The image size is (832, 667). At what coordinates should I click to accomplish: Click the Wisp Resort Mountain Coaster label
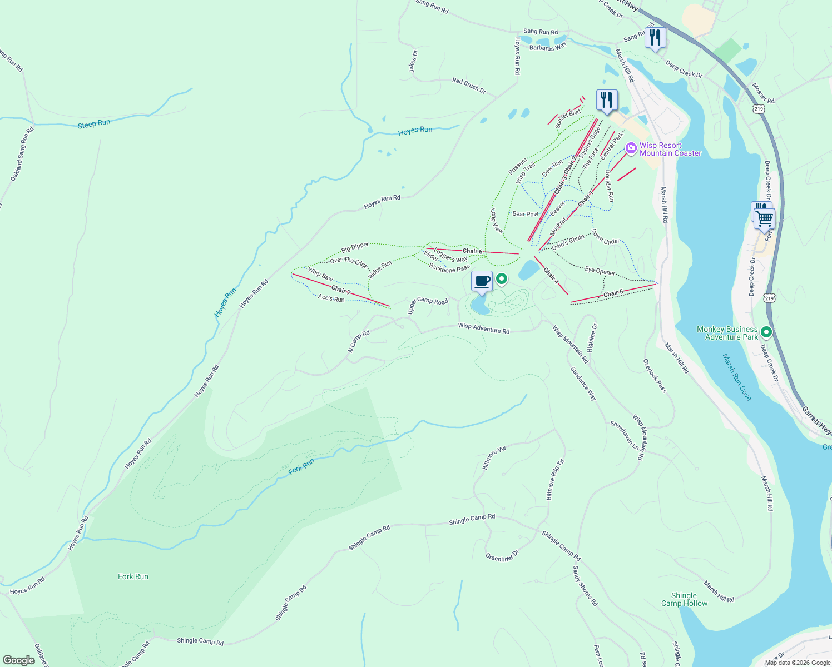670,149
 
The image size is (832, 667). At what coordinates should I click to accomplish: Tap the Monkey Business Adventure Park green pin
766,332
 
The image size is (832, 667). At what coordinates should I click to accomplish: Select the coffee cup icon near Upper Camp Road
482,281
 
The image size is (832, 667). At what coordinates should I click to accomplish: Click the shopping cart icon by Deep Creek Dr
765,218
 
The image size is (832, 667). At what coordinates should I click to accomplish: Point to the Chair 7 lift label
341,290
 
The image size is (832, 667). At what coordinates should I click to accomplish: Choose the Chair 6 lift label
472,251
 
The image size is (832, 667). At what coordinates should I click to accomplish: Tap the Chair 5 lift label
613,293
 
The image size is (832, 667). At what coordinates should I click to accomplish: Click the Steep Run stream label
94,124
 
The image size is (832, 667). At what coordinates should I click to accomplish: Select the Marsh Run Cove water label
737,377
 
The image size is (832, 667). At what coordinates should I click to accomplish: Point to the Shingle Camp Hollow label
684,599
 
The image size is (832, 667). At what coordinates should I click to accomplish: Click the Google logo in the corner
19,660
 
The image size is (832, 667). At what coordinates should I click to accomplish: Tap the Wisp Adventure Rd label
483,328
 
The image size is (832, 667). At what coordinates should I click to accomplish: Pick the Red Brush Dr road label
469,86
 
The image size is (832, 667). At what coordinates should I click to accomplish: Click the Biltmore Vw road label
494,457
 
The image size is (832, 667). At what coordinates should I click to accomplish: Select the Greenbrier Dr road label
502,556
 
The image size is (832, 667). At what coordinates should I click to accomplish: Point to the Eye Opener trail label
600,271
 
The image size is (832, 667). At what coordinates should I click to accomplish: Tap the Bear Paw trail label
525,214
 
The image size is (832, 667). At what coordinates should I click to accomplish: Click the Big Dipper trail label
355,247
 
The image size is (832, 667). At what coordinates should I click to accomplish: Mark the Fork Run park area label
133,576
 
